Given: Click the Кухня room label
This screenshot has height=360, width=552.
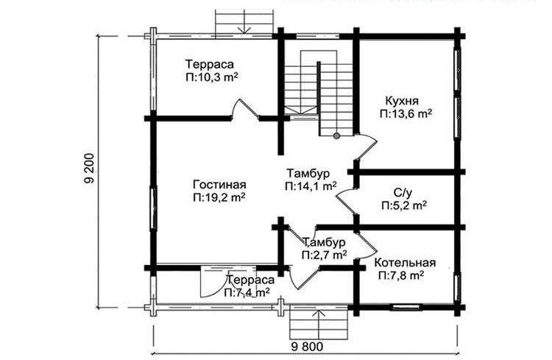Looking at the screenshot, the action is (402, 101).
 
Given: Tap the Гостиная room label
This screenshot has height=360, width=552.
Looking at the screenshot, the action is (219, 184).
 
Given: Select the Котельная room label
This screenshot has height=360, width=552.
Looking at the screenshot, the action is (405, 263).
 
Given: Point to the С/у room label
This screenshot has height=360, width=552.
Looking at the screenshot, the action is (403, 192).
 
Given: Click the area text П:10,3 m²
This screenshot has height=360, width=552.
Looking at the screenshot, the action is (211, 77).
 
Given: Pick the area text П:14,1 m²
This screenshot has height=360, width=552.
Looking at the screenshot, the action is (311, 186).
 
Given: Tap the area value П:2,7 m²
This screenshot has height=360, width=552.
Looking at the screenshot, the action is (325, 254).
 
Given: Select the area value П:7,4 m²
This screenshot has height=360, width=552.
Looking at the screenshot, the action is (247, 292).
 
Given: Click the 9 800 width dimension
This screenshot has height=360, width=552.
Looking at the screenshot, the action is (307, 347).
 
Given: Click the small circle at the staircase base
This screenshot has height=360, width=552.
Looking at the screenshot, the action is (337, 135).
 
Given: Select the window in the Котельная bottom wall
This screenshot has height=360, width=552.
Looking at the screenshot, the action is (406, 307).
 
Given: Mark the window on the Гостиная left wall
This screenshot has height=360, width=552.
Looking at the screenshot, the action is (155, 208).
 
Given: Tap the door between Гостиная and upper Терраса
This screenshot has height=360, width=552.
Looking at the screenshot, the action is (245, 109).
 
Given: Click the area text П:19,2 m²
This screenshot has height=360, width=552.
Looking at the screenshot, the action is (219, 197).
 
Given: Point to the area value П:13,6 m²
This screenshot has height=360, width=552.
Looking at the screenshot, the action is (406, 114).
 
